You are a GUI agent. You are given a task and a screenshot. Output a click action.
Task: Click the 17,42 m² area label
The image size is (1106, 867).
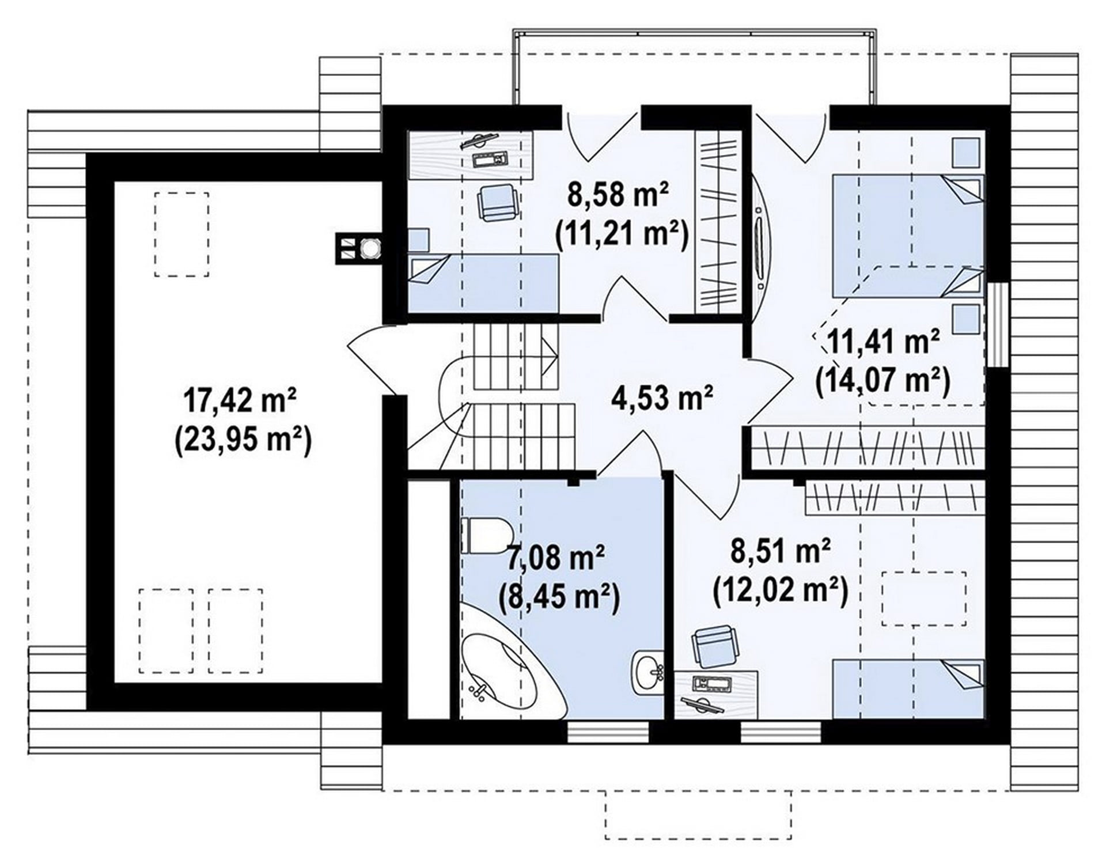240,400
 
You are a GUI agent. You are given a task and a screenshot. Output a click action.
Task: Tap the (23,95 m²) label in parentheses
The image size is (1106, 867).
243,442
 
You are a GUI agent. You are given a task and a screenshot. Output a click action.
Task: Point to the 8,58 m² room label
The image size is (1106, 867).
619,194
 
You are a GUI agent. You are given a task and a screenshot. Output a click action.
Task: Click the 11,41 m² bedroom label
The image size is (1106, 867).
884,342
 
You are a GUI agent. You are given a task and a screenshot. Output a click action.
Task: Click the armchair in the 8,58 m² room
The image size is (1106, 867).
496,202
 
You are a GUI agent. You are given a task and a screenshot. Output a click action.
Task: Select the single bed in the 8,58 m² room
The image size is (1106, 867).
483,284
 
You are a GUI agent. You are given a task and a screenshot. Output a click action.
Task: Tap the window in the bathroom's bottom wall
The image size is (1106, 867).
608,732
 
